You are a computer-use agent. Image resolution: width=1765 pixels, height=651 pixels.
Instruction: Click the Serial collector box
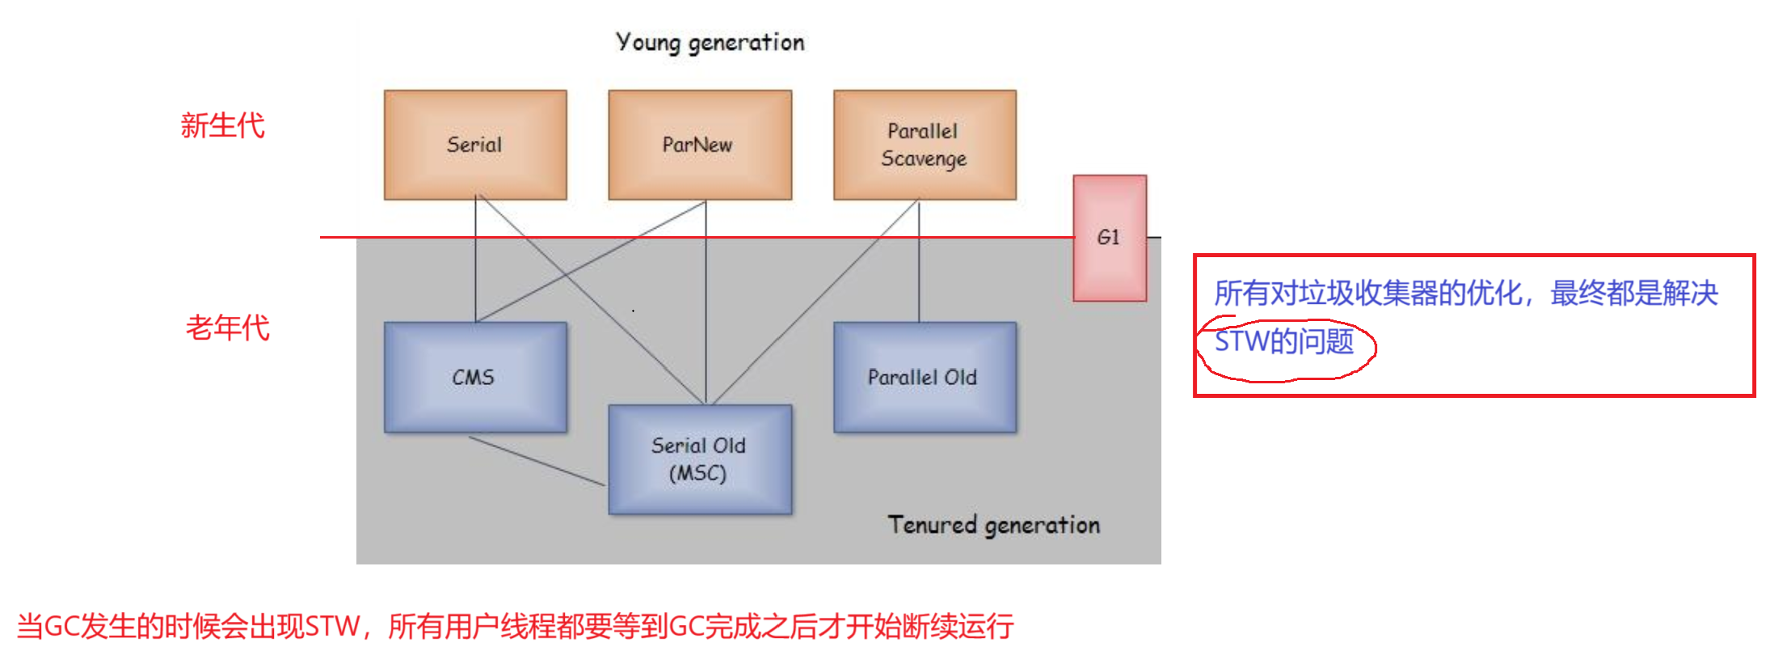click(x=475, y=145)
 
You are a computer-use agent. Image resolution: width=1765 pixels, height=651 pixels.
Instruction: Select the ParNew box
click(x=700, y=145)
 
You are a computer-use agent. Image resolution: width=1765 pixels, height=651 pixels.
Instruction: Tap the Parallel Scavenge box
click(x=925, y=145)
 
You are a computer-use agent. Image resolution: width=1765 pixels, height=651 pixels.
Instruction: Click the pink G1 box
click(x=1110, y=238)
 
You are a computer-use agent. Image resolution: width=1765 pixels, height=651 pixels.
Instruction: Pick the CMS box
click(x=475, y=377)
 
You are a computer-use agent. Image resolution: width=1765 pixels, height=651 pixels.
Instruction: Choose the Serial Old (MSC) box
click(x=700, y=459)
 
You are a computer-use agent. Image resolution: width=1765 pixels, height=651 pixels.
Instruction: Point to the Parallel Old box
click(x=925, y=377)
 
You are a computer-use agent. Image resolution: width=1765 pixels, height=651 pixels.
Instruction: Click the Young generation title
click(x=710, y=42)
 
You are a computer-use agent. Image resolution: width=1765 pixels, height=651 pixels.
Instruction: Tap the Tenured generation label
click(x=993, y=525)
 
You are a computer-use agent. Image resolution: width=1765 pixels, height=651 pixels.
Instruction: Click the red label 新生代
click(x=222, y=126)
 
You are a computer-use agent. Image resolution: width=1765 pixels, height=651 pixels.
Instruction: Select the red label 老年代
click(x=227, y=328)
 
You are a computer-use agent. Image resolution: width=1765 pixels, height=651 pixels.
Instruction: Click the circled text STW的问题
click(x=1284, y=342)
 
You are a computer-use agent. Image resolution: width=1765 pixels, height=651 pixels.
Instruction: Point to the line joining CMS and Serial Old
click(x=537, y=461)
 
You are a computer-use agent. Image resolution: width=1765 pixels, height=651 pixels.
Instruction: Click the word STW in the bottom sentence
click(x=332, y=627)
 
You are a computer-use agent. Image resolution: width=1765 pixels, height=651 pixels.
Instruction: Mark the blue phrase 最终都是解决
click(x=1633, y=294)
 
